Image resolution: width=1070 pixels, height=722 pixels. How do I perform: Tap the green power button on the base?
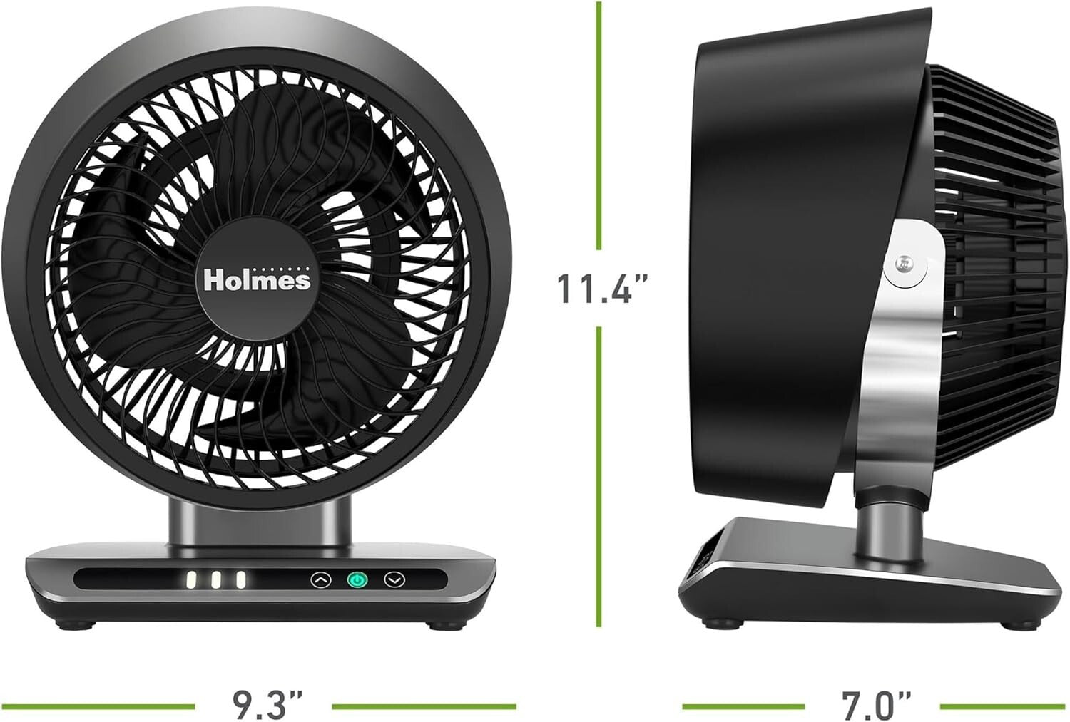pyautogui.click(x=357, y=580)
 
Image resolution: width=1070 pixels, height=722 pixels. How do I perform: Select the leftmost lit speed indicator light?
pyautogui.click(x=192, y=580)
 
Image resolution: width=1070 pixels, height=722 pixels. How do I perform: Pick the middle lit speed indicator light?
pyautogui.click(x=216, y=580)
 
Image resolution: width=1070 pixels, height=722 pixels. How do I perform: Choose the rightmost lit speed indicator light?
pyautogui.click(x=241, y=580)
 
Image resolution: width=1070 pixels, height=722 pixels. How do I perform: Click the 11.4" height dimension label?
pyautogui.click(x=602, y=288)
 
